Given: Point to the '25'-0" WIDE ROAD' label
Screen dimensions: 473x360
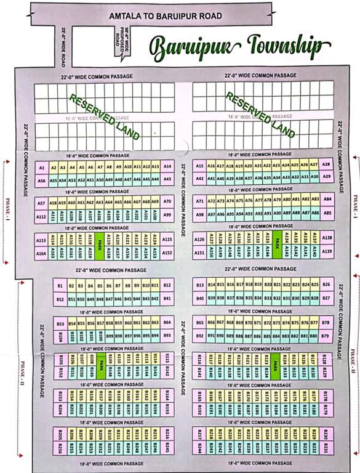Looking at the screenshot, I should click(x=63, y=46).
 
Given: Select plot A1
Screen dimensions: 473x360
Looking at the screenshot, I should click(x=42, y=168).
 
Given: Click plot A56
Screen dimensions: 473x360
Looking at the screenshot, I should click(x=42, y=180).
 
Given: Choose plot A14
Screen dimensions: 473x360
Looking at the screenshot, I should click(x=167, y=167).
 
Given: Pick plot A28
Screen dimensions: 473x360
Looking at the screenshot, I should click(x=326, y=165).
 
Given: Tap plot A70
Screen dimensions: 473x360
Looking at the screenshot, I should click(x=167, y=202).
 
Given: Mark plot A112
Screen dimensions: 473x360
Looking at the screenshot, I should click(x=42, y=217).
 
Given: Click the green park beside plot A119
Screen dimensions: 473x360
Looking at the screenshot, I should click(x=99, y=245).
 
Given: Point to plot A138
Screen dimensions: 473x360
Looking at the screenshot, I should click(x=327, y=238).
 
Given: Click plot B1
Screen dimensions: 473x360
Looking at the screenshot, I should click(x=60, y=286).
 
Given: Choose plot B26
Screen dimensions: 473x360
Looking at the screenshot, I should click(x=326, y=285).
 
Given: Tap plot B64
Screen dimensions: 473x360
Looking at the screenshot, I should click(x=167, y=323).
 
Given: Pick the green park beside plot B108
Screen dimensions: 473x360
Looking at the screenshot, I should click(x=99, y=366).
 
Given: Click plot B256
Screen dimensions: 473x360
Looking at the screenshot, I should click(x=60, y=448).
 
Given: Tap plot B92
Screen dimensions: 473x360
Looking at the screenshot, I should click(x=199, y=336).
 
